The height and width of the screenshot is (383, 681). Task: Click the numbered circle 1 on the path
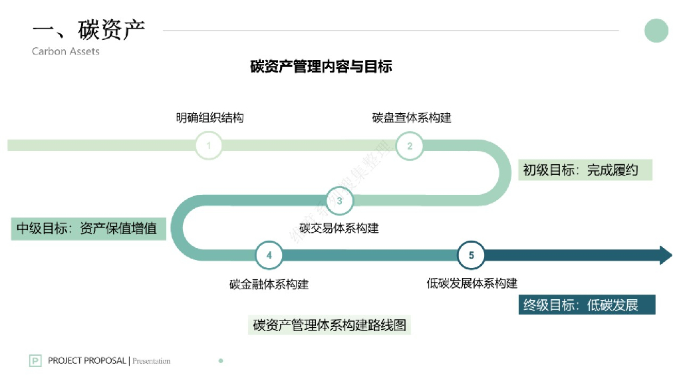coord(209,146)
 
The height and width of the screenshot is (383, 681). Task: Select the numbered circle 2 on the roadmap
coord(410,146)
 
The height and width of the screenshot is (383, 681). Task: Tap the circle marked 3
coord(339,200)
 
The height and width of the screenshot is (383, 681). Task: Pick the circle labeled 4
coord(269,255)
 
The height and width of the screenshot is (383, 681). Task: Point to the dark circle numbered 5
coord(472,255)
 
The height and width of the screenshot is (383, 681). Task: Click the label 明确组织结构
coord(209,118)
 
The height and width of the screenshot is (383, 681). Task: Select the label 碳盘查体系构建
coord(412,118)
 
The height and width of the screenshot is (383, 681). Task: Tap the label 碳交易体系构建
coord(339,228)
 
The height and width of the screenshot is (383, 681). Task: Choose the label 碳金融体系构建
coord(269,284)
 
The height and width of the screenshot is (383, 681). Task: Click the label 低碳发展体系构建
coord(472,283)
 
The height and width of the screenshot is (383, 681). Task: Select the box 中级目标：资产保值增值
coord(87,228)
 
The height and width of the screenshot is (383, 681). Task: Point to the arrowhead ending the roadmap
coord(665,255)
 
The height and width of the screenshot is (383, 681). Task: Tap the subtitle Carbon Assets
coord(65,51)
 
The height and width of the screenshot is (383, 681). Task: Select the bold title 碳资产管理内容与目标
coord(321,66)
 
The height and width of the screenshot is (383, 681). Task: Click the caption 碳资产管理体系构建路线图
coord(329,325)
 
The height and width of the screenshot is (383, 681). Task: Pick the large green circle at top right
coord(656,31)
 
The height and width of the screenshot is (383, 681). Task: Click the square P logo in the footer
coord(35,361)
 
